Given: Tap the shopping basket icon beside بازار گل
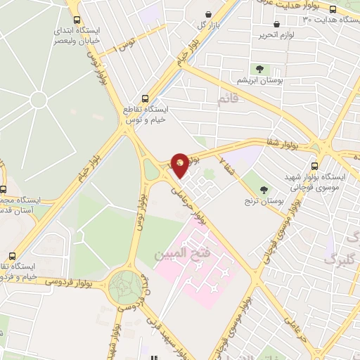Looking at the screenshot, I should click(x=208, y=15).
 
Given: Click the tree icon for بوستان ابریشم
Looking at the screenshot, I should click(x=260, y=69).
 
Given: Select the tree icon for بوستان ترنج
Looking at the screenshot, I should click(x=264, y=189).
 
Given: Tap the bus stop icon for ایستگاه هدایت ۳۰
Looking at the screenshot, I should click(x=333, y=10).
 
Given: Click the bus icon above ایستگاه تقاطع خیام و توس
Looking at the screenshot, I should click(x=146, y=99).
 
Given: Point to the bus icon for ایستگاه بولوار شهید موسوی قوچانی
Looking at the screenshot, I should click(x=314, y=166).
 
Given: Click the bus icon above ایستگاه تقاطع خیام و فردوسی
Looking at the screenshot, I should click(x=11, y=257).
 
